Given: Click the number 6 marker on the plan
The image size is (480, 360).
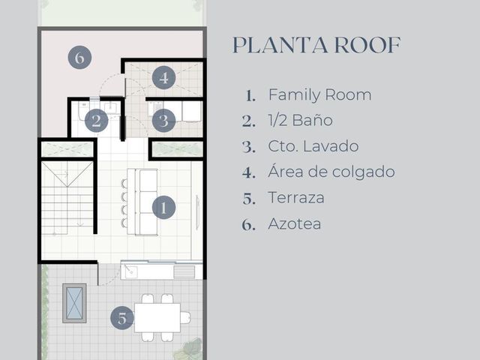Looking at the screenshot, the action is (x=79, y=57).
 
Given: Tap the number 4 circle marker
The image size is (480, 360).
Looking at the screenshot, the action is (x=163, y=77).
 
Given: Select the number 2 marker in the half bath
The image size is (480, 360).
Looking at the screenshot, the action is (x=97, y=121).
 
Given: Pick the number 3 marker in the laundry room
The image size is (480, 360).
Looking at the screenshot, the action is (x=163, y=121).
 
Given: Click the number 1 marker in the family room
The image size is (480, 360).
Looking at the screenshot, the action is (x=163, y=208).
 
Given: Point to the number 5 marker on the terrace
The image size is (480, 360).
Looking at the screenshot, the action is (x=122, y=318).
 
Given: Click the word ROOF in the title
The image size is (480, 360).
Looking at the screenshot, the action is (x=367, y=45).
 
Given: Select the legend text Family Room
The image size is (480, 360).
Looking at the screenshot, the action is (x=320, y=95).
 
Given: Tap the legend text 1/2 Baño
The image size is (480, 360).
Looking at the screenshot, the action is (x=300, y=120).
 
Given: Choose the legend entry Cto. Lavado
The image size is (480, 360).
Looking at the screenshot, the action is (x=313, y=146).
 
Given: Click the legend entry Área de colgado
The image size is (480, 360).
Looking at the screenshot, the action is (x=331, y=172).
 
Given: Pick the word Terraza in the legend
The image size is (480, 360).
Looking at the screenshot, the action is (x=296, y=198).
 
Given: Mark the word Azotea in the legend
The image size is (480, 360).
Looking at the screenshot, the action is (x=295, y=223).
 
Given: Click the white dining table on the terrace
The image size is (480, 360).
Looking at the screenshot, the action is (x=157, y=318).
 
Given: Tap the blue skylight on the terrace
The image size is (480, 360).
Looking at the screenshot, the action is (x=74, y=303).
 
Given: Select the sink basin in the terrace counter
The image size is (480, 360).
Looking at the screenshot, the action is (x=130, y=271).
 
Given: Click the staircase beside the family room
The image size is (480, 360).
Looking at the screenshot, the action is (x=67, y=198).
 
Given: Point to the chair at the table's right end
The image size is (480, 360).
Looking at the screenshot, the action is (x=185, y=318).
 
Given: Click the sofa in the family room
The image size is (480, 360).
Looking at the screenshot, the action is (x=142, y=202).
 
